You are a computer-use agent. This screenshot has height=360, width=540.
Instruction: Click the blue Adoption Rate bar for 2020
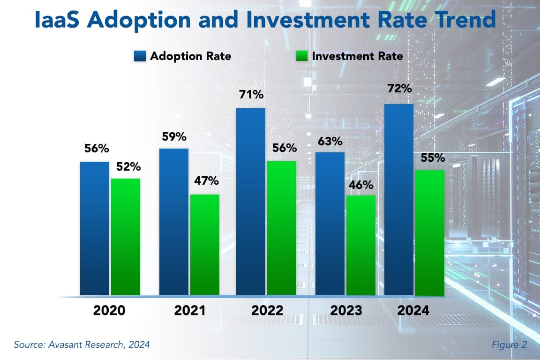(x=95, y=228)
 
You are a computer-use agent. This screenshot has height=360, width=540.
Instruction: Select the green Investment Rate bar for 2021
(x=204, y=245)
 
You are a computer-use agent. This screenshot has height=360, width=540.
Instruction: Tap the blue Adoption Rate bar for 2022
(x=251, y=202)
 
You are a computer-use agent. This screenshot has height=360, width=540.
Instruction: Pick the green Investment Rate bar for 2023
(x=360, y=245)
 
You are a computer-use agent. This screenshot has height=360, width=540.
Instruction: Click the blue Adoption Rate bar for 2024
(x=399, y=200)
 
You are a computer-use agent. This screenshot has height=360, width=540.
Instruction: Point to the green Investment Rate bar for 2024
(x=429, y=233)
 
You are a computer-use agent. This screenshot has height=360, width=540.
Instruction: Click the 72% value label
(x=399, y=88)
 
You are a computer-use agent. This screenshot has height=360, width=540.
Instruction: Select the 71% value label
(x=251, y=95)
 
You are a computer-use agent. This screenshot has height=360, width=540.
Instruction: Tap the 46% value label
(x=360, y=184)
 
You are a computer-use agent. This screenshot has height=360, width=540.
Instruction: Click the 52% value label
(x=125, y=166)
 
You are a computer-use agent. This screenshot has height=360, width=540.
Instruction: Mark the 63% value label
(x=330, y=141)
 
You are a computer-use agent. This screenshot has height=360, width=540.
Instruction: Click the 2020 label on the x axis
(x=109, y=310)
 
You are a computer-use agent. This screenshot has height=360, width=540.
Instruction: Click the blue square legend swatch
(x=139, y=56)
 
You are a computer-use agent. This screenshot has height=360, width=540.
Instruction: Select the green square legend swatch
(x=302, y=56)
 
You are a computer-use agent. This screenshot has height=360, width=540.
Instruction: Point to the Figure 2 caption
(x=509, y=345)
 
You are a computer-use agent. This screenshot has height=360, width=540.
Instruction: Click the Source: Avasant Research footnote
(x=82, y=345)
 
